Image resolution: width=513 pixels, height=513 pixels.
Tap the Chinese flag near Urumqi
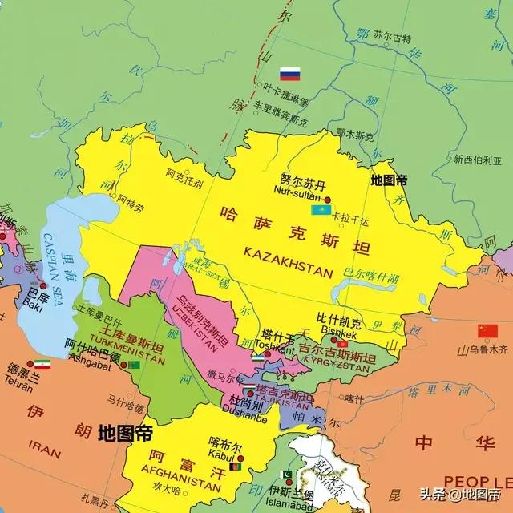(x=487, y=330)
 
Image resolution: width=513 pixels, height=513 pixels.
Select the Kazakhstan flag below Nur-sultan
(x=321, y=210)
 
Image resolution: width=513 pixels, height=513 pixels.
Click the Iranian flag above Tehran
(x=41, y=363)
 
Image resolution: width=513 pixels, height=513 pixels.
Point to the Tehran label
(x=19, y=389)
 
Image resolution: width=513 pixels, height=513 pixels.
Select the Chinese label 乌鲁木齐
(x=489, y=349)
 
